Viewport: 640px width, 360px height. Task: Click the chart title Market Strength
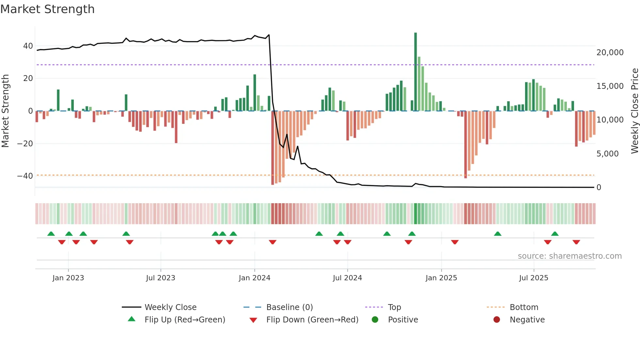(47, 9)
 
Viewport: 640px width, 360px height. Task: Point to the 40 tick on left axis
(28, 46)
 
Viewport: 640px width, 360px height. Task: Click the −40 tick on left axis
(25, 176)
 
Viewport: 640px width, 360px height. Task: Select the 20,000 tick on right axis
(610, 53)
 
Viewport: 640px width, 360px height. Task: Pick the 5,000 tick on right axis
(607, 154)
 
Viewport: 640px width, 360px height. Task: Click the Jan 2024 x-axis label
(254, 278)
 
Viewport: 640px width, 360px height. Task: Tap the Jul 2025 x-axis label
(534, 278)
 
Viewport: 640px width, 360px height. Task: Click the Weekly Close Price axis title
(634, 111)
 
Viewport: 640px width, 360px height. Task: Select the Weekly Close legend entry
(170, 307)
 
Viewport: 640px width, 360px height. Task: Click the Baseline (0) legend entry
(289, 307)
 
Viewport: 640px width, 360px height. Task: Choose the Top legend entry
(394, 307)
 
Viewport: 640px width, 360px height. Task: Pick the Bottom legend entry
(524, 307)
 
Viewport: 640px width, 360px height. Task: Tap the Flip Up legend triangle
(132, 319)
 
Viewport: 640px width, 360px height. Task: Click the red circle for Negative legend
(497, 320)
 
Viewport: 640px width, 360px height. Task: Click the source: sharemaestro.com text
(569, 256)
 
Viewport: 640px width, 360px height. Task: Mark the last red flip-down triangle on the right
(576, 242)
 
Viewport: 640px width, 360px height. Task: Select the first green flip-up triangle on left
(51, 234)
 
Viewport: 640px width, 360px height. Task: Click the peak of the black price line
(269, 35)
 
